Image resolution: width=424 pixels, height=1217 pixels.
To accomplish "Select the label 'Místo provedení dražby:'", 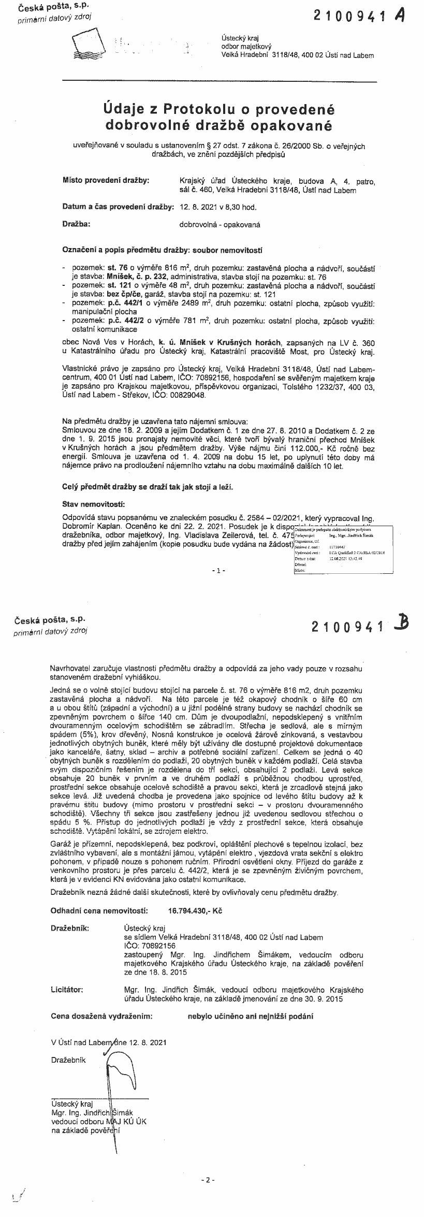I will pyautogui.click(x=106, y=181).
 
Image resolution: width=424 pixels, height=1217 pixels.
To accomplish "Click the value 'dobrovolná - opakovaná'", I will pyautogui.click(x=220, y=225).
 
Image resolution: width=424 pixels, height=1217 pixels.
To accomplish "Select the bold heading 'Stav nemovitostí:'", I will pyautogui.click(x=94, y=504).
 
